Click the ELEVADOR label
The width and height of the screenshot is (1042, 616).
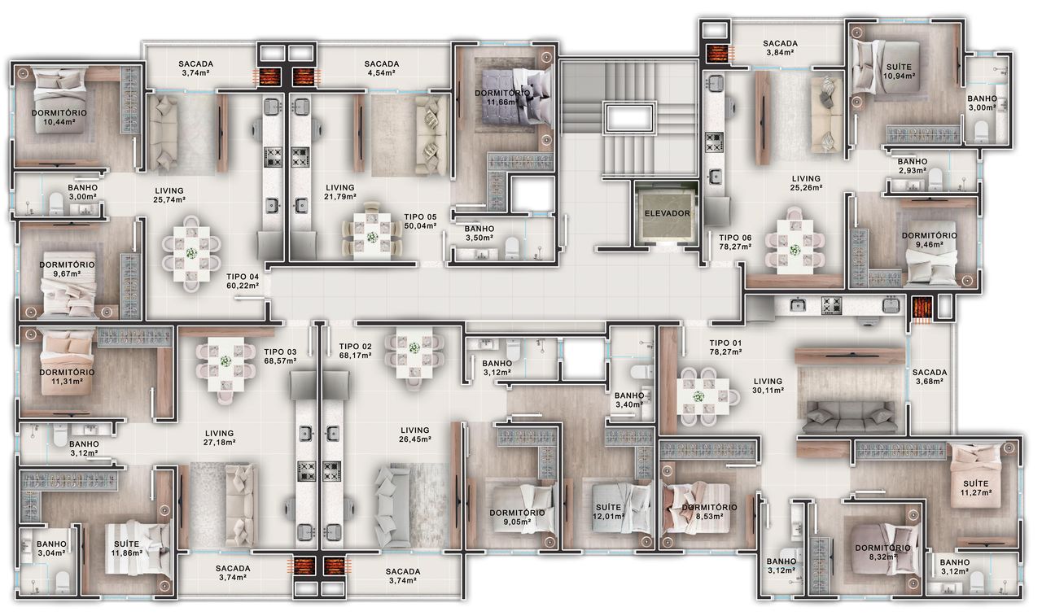667,213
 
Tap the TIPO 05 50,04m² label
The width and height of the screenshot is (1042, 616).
420,221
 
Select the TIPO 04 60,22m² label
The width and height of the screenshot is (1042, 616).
243,282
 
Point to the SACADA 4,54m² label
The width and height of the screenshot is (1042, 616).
382,68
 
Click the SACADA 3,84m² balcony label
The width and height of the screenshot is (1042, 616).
780,48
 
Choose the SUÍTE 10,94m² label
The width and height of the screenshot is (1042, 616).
899,71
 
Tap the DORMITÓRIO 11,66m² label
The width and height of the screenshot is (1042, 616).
502,98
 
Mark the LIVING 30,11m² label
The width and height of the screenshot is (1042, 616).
768,386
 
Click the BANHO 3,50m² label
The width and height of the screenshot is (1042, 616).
479,233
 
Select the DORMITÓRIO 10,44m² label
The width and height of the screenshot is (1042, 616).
59,117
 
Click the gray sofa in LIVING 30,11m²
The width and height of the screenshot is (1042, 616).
852,417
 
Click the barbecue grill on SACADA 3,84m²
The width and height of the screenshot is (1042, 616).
716,53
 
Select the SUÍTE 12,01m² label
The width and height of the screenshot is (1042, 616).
608,512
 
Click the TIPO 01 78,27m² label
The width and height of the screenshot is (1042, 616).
725,347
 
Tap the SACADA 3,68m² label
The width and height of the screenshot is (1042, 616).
930,377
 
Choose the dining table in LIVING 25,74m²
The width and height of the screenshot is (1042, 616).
191,253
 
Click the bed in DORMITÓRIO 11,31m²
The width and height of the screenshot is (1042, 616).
68,363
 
